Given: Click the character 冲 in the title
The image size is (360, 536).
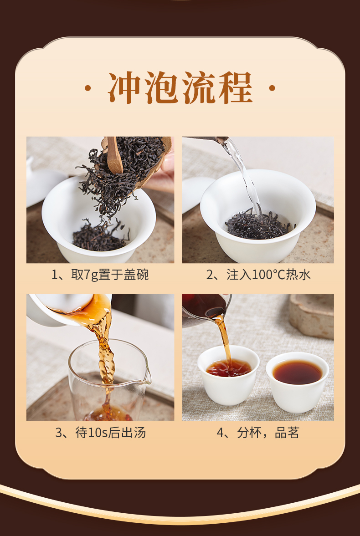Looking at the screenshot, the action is pos(125,88).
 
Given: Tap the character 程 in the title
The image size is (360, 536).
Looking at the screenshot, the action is pos(236,88).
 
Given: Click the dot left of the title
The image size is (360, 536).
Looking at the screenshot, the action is pos(87,88).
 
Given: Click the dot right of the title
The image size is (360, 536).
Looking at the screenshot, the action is pos(272,88).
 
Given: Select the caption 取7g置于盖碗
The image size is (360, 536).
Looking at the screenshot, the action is pos(110,275).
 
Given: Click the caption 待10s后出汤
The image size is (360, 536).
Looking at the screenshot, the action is pos(111,433).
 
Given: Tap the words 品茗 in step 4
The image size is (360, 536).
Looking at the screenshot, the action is pos(287,433).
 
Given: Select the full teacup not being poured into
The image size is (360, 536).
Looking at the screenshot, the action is pos(298,382).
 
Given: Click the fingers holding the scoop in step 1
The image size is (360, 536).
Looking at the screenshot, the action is pos(168,163).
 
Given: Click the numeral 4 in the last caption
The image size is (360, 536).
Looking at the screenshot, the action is pos(221,433).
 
